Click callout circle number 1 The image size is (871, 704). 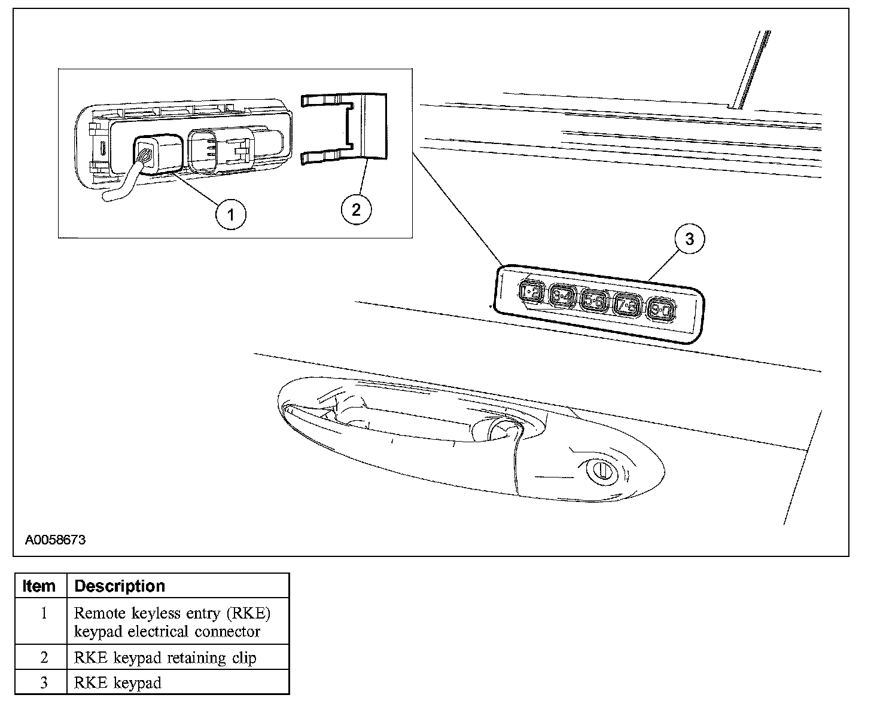pos(231,213)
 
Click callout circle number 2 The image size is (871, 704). pos(356,209)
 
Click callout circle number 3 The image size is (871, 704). pos(690,239)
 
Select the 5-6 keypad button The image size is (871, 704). pos(595,299)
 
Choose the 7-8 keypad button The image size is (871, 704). pos(628,305)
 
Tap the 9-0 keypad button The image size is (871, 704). pos(662,310)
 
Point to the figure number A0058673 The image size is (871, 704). pos(55,540)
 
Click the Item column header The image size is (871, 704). pos(39,586)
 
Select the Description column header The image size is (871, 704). pos(120,586)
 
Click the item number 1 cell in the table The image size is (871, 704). pos(44,614)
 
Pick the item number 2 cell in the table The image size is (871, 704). pos(44,657)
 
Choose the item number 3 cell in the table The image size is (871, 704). pos(44,682)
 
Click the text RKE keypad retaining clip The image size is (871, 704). pos(165,658)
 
